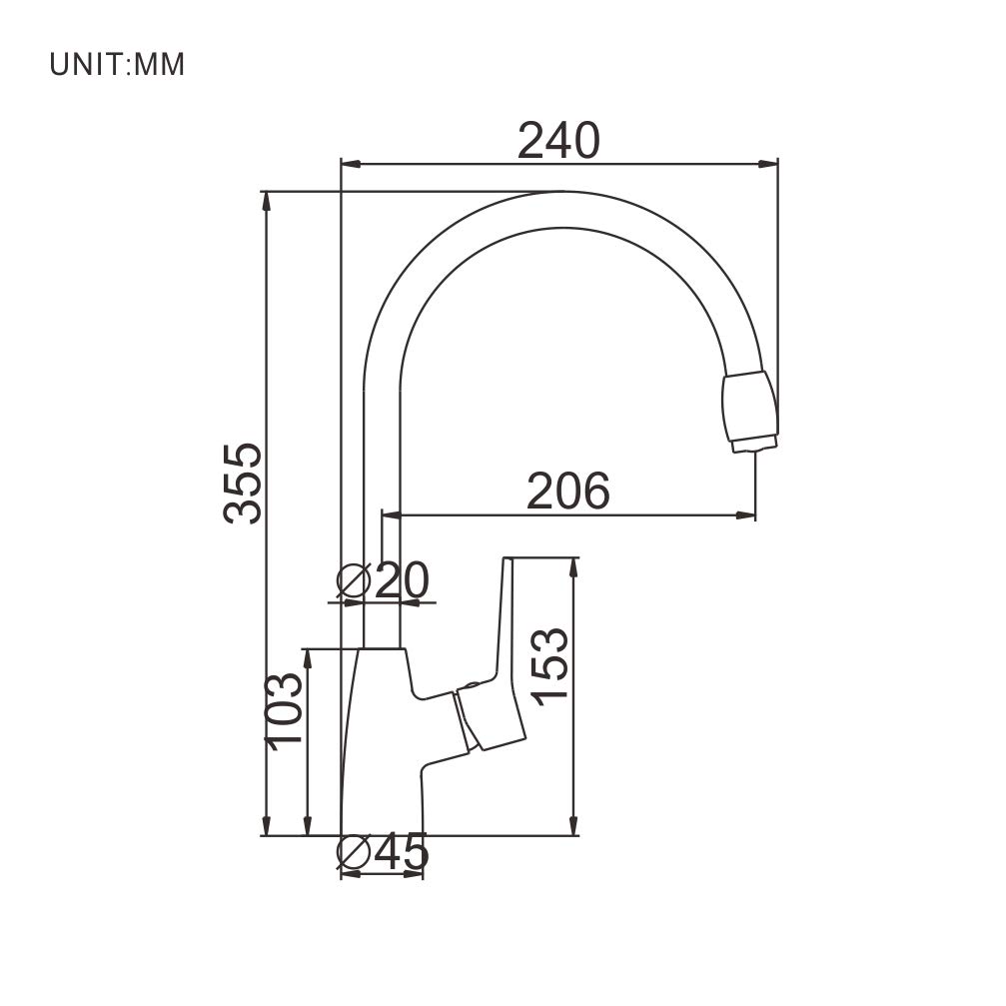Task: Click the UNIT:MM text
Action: pyautogui.click(x=118, y=65)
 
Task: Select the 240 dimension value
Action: pyautogui.click(x=558, y=141)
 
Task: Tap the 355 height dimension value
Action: pyautogui.click(x=243, y=484)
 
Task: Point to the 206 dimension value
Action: pyautogui.click(x=567, y=491)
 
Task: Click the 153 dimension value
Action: pyautogui.click(x=550, y=667)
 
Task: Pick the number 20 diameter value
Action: pyautogui.click(x=402, y=580)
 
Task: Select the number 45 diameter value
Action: pyautogui.click(x=401, y=852)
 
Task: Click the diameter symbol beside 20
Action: pyautogui.click(x=355, y=580)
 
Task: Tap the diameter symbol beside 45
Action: pyautogui.click(x=355, y=852)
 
